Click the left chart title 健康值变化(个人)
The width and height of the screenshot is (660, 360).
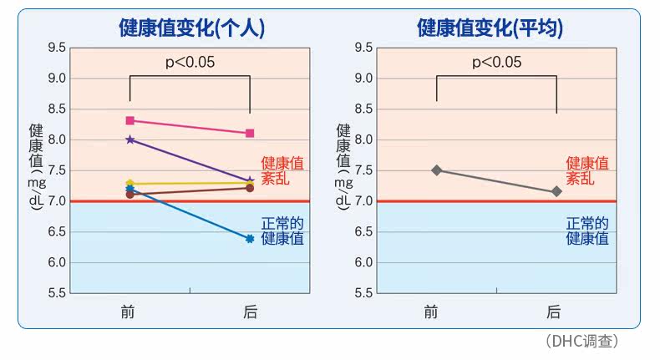pos(192,28)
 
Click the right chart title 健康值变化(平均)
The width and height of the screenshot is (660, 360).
pos(490,28)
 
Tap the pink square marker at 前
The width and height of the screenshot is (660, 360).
pos(130,120)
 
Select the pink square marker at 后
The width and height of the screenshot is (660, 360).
pos(250,133)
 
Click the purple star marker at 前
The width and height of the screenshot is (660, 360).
pos(130,139)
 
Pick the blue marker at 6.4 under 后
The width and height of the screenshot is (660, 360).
pos(250,239)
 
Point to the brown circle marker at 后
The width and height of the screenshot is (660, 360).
pos(250,188)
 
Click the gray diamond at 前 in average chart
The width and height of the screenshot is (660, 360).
pos(436,170)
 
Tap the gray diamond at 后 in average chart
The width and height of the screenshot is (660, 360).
pos(556,192)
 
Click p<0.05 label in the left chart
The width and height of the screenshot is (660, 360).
pos(190,61)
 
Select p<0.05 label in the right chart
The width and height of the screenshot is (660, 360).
pos(496,61)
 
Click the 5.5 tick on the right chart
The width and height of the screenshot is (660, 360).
pos(363,293)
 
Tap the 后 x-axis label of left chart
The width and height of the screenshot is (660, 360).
pos(250,312)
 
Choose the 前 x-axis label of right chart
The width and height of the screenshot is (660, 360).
pos(430,312)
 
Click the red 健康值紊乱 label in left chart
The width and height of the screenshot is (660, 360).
pos(282,170)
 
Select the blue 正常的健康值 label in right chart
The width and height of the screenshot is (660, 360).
pos(587,231)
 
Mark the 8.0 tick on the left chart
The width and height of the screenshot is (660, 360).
pos(56,139)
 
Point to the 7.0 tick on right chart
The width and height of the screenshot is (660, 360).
pos(363,201)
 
